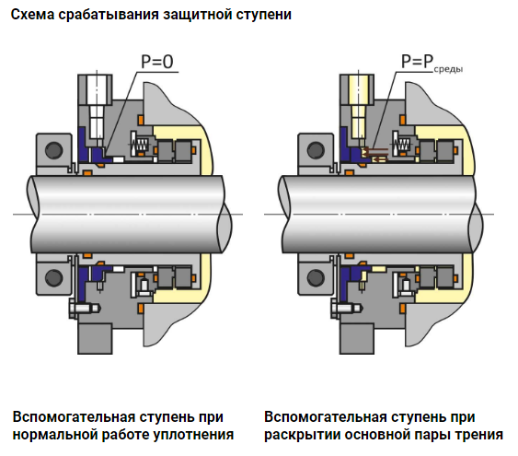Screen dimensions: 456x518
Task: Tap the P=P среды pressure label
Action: (x=430, y=65)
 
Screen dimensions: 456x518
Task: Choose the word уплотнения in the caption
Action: (x=196, y=434)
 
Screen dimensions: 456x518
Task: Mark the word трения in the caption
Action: (x=479, y=434)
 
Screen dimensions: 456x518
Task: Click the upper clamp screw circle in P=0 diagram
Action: (x=52, y=147)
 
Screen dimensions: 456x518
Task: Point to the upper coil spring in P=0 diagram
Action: (x=141, y=146)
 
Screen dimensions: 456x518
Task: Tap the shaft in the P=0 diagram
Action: (x=120, y=213)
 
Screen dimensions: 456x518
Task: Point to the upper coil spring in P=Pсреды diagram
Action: (x=402, y=146)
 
